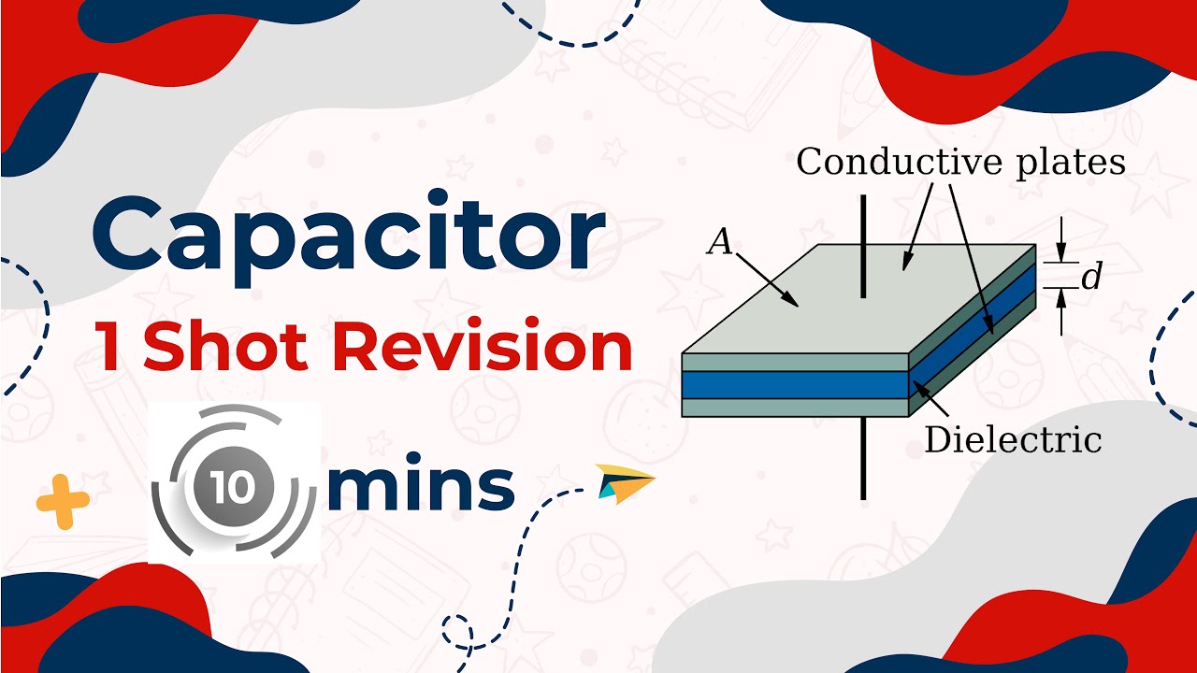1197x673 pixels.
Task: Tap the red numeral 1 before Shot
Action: tap(110, 347)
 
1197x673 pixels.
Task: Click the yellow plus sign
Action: tap(63, 503)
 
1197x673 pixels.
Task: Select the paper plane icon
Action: tap(626, 481)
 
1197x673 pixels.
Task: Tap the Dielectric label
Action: tap(1013, 439)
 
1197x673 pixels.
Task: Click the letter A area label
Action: tap(719, 243)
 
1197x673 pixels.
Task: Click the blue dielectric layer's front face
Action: tap(795, 384)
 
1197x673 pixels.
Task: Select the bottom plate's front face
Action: tap(795, 407)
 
